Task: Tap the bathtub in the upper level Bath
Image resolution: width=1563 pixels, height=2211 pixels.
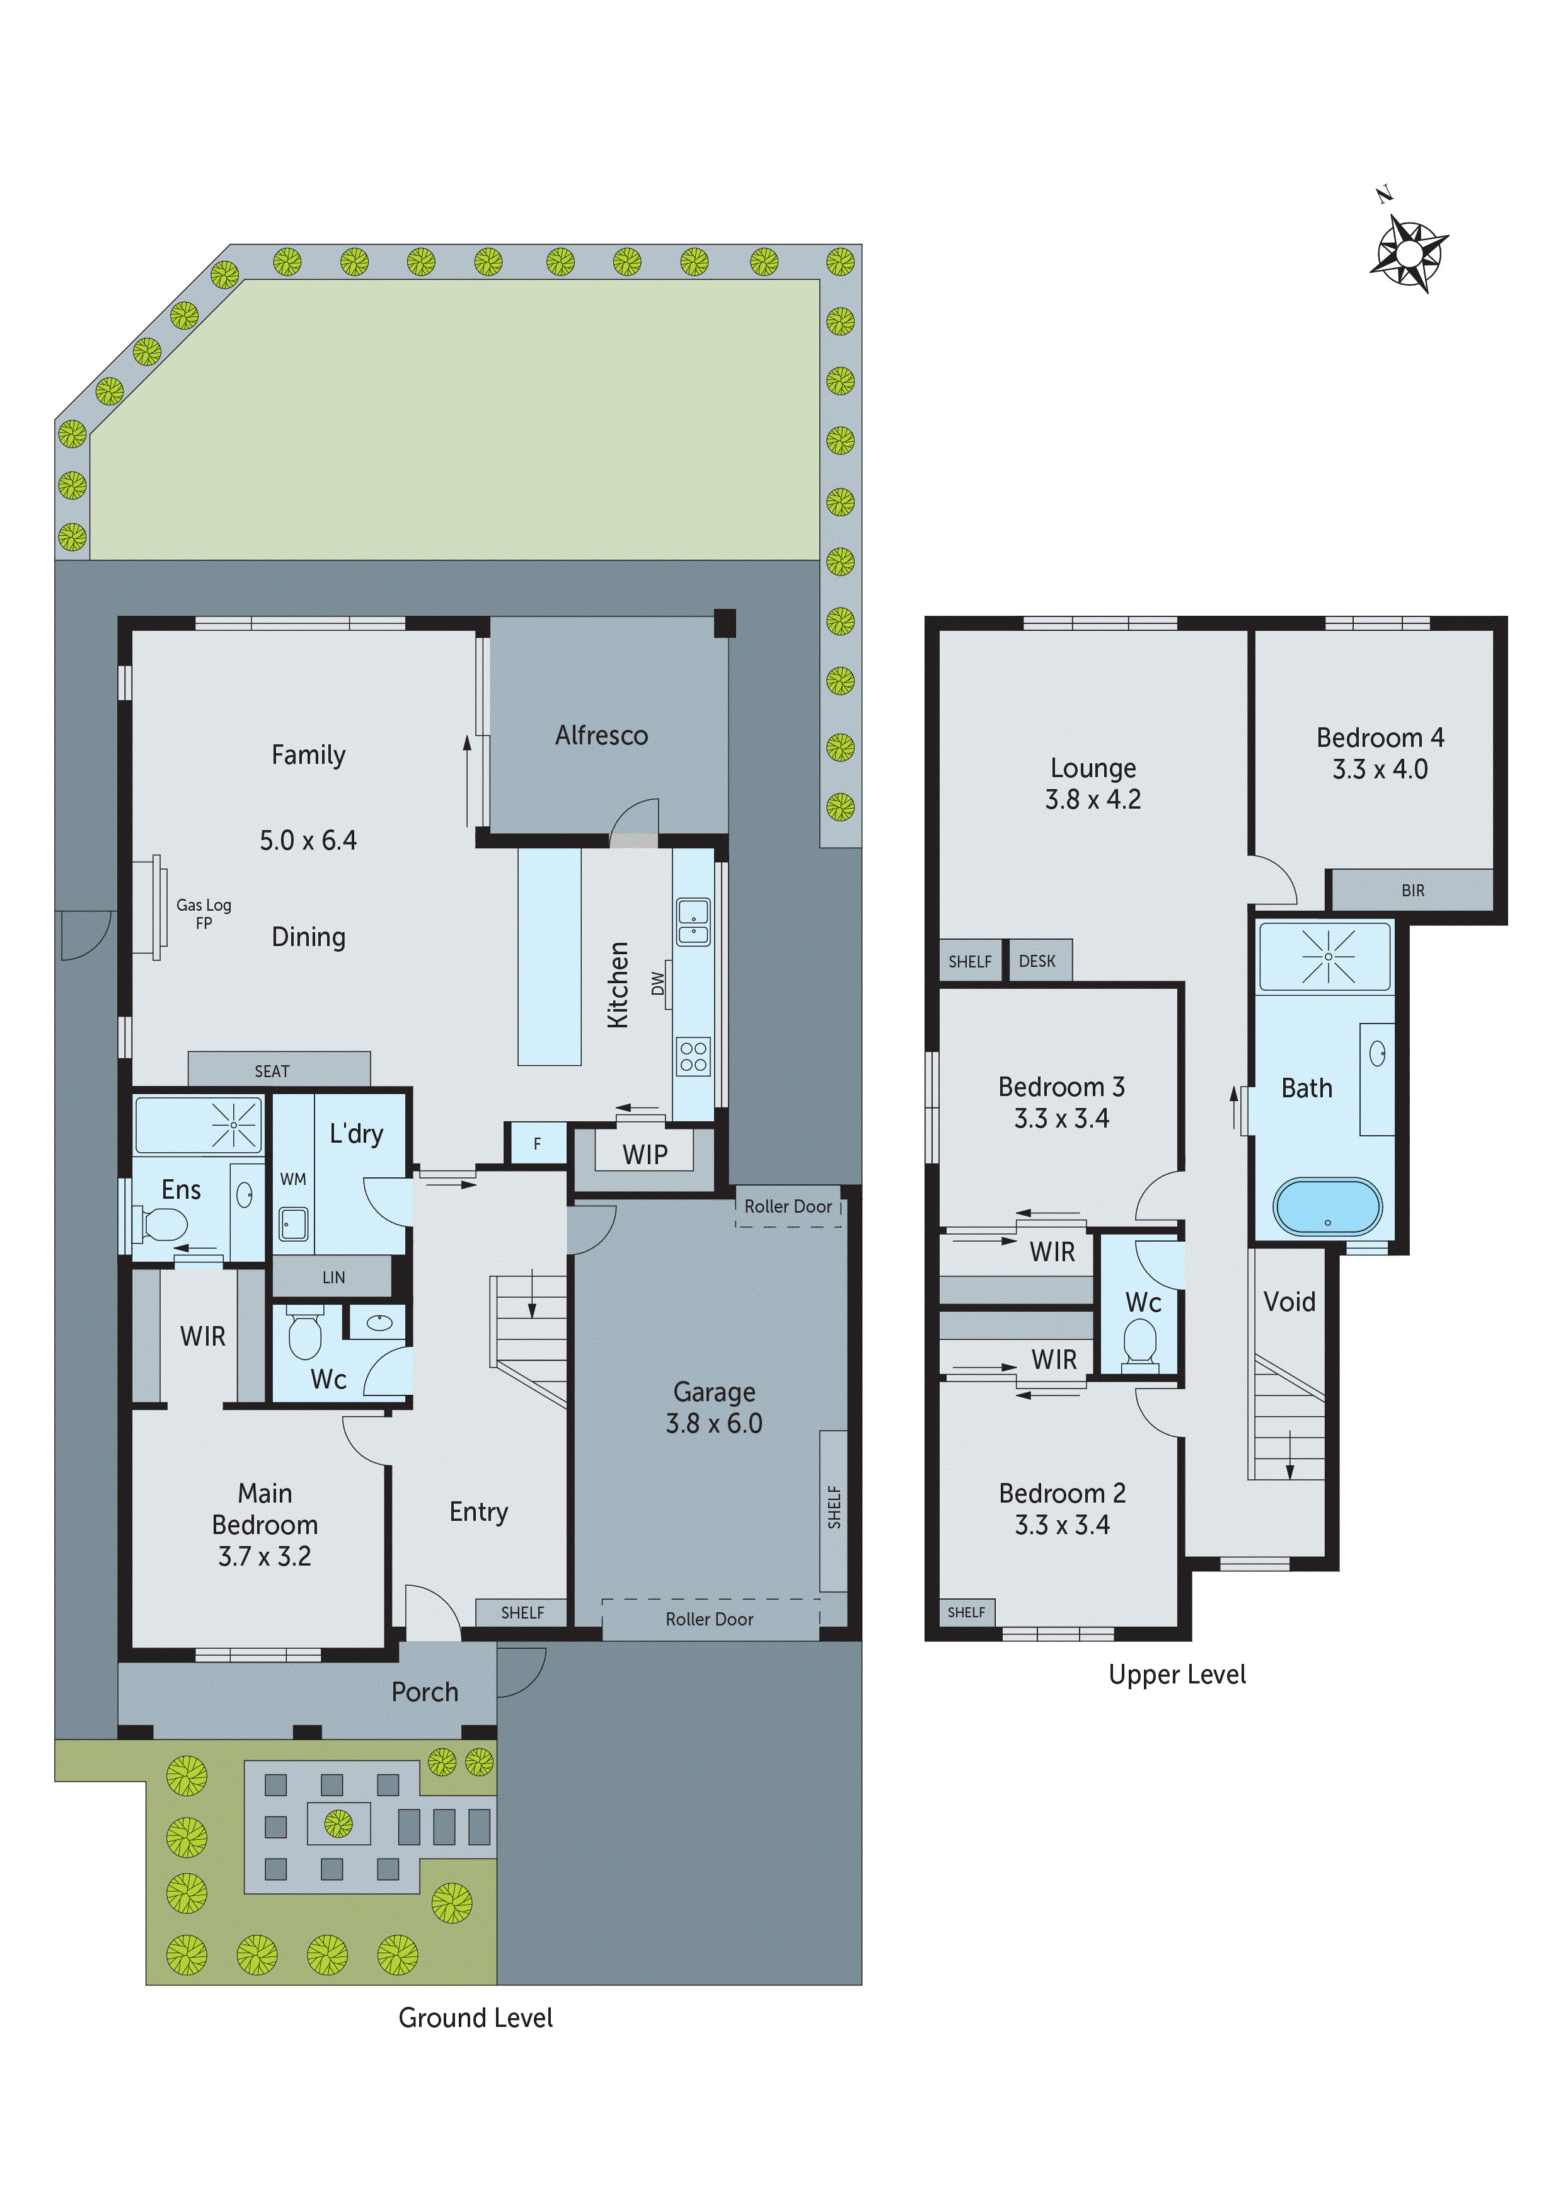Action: tap(1327, 1206)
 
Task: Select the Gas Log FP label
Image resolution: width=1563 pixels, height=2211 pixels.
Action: tap(203, 913)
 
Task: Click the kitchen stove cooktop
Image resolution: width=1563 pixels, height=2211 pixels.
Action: tap(693, 1056)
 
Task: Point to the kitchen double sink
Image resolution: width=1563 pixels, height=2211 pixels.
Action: tap(693, 921)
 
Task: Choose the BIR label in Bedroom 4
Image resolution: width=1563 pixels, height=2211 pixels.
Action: tap(1412, 890)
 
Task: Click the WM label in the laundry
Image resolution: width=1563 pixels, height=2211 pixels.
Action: tap(293, 1179)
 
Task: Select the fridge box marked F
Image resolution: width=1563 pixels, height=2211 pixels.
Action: tap(536, 1144)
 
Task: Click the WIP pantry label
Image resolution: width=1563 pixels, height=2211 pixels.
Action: tap(644, 1155)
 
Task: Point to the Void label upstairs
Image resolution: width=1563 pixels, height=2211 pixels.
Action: tap(1289, 1302)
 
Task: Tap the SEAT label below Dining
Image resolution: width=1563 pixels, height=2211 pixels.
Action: tap(272, 1071)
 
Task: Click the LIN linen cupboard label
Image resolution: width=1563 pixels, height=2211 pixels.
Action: tap(333, 1277)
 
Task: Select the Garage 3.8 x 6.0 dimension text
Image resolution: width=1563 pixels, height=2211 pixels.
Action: tap(713, 1423)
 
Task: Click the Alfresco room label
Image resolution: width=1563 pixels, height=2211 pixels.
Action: tap(601, 735)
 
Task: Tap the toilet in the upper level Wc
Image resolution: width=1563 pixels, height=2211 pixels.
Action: tap(1140, 1341)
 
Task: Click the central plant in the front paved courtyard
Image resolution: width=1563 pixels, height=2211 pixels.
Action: tap(337, 1822)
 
